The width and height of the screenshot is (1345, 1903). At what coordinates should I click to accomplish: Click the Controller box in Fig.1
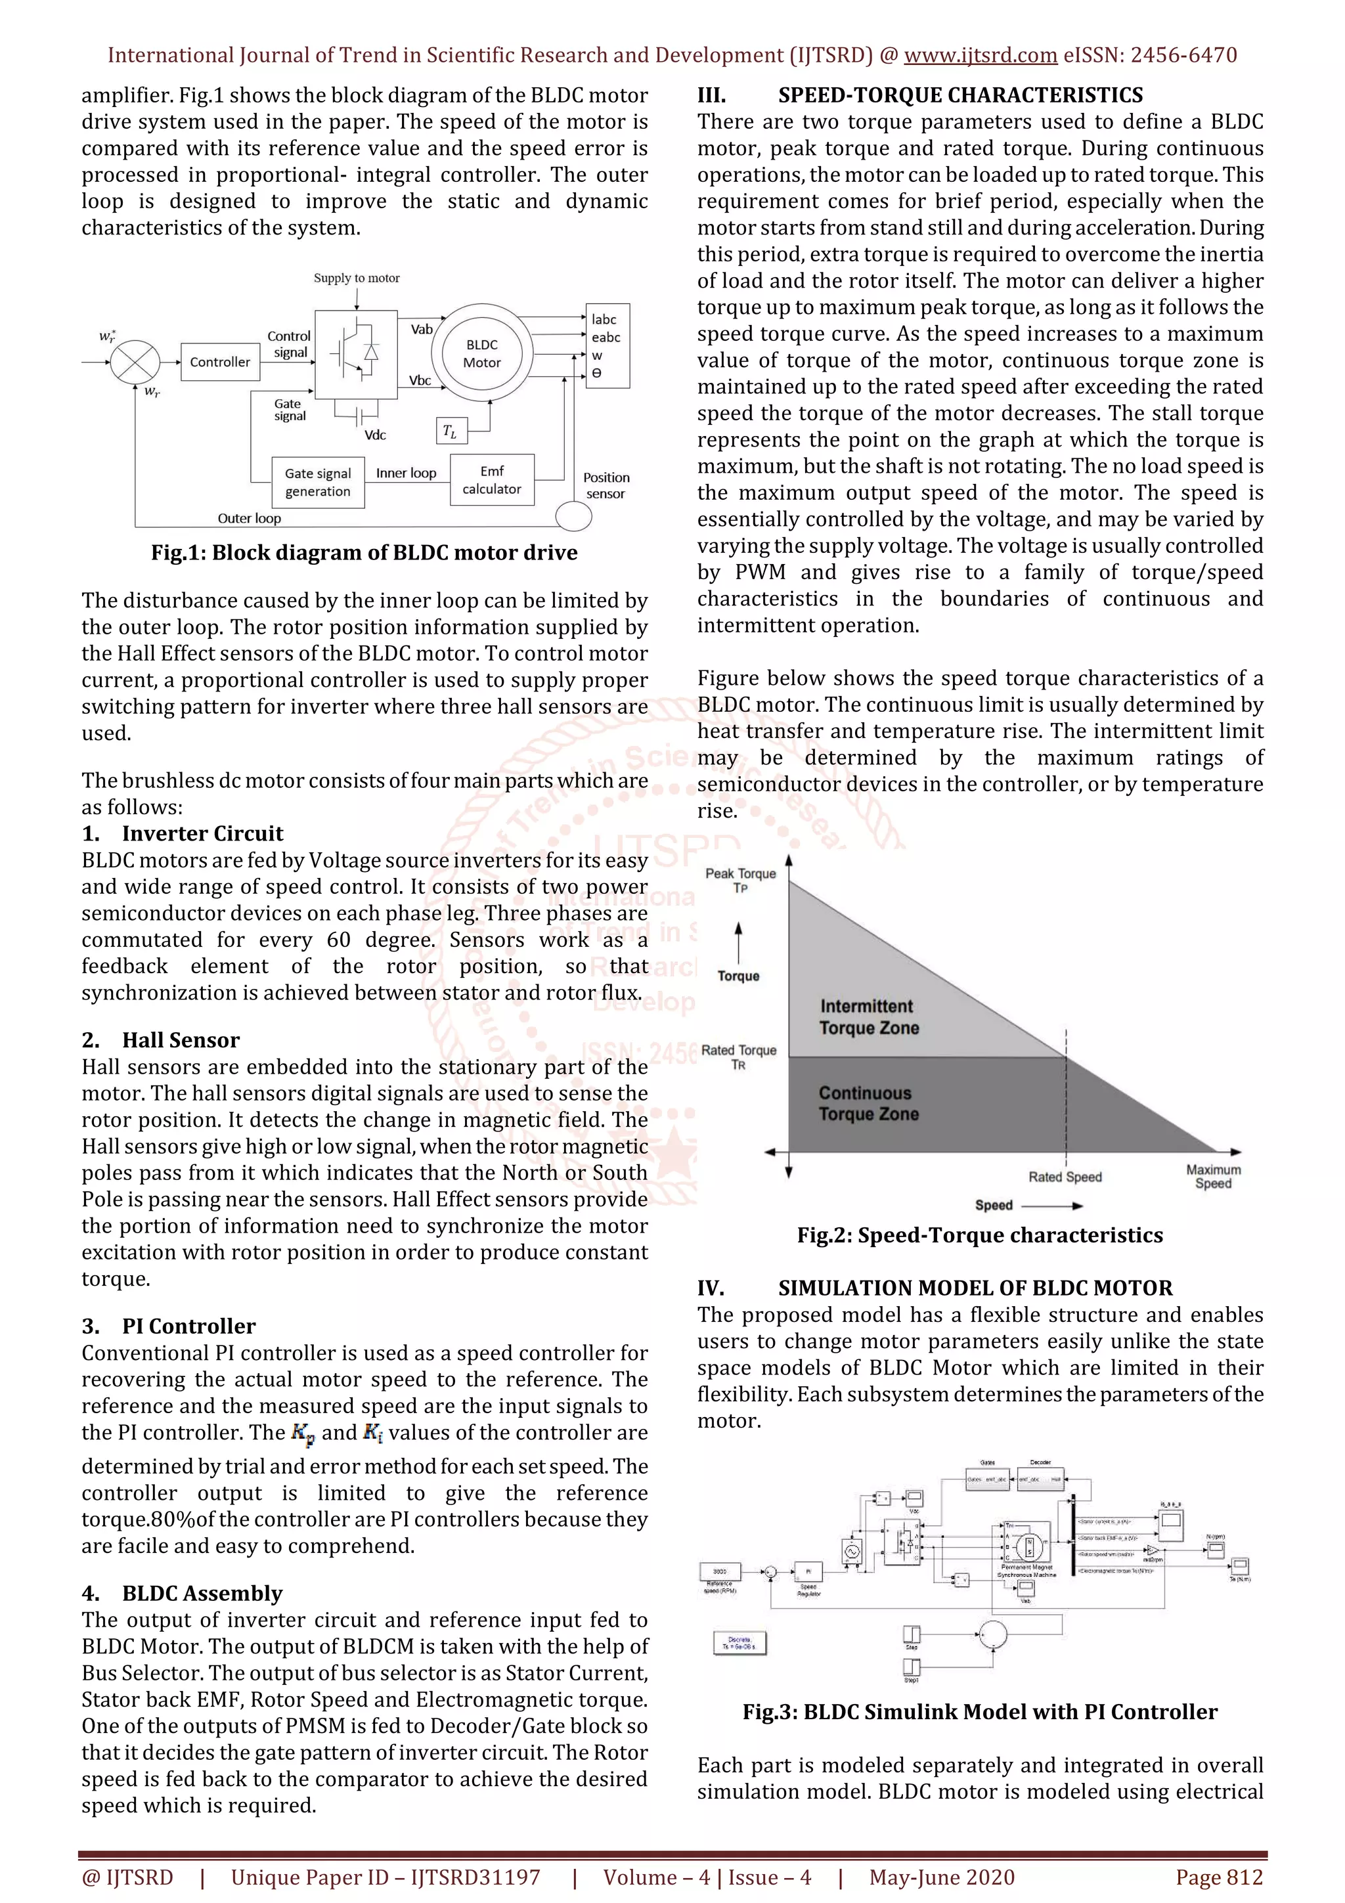[219, 362]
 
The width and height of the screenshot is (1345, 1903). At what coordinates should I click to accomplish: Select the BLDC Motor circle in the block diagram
[481, 354]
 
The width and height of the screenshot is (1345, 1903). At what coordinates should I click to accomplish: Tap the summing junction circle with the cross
[135, 362]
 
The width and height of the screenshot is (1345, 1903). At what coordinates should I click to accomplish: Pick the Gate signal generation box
[319, 483]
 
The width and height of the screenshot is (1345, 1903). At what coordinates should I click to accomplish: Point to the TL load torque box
[450, 431]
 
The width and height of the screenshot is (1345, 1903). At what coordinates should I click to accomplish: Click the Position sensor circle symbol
[573, 516]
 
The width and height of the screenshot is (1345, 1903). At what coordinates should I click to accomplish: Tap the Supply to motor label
[357, 278]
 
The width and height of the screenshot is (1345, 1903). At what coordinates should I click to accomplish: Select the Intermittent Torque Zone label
[868, 1017]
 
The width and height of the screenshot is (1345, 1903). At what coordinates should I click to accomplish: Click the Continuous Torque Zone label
[868, 1103]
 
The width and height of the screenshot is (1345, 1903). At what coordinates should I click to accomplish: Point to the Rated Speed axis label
[1065, 1177]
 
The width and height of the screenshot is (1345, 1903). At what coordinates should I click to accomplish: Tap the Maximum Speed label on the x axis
[1213, 1176]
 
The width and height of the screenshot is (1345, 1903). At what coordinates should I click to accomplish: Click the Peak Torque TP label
[740, 879]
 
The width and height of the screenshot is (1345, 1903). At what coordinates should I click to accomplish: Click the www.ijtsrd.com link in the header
[980, 56]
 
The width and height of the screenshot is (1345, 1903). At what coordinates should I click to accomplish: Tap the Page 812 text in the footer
[1218, 1877]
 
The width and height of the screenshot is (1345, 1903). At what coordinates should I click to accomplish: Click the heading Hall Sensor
[181, 1040]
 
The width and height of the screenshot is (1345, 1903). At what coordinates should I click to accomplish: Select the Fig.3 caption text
[980, 1711]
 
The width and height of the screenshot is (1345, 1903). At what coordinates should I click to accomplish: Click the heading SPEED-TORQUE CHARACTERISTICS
[959, 95]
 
